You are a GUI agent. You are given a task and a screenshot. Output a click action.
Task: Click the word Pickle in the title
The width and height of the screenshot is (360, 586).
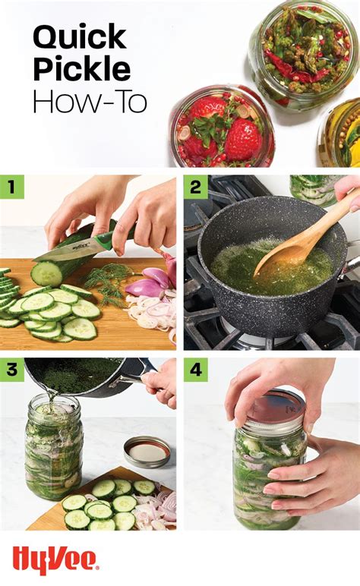[x=81, y=70]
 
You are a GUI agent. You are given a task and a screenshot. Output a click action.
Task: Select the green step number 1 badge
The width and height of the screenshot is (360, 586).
[x=11, y=187]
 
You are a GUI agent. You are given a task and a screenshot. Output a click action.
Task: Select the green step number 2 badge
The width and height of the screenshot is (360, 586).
[x=194, y=187]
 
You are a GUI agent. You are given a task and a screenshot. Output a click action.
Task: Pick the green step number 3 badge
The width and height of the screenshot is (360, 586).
[x=11, y=370]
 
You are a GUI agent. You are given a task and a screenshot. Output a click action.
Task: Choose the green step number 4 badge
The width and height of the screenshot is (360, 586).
[x=194, y=370]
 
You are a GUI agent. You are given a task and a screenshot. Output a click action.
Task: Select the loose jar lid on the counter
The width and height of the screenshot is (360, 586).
[x=147, y=452]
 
